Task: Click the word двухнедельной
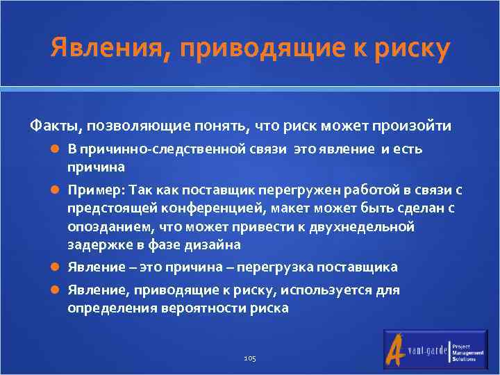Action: [363, 226]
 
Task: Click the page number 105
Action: [250, 358]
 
